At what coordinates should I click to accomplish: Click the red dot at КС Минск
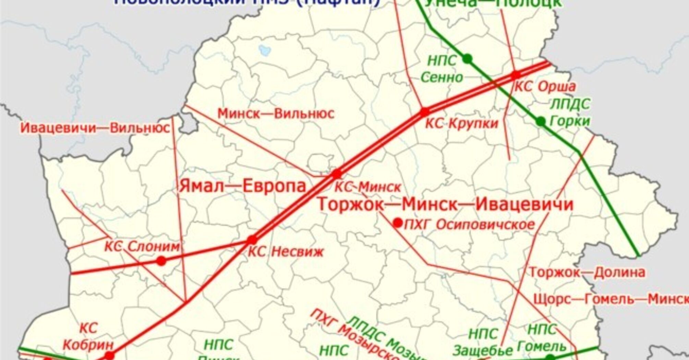pyautogui.click(x=337, y=174)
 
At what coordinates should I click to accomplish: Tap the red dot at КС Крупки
pyautogui.click(x=425, y=112)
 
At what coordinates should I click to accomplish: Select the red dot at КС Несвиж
pyautogui.click(x=252, y=240)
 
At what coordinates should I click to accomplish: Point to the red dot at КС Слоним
pyautogui.click(x=161, y=261)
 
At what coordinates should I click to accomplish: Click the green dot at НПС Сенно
pyautogui.click(x=467, y=59)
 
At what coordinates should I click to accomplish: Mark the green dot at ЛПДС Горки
pyautogui.click(x=541, y=121)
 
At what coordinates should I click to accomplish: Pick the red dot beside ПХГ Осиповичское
pyautogui.click(x=398, y=223)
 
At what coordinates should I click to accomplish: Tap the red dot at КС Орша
pyautogui.click(x=516, y=75)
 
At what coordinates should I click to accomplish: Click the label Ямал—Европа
pyautogui.click(x=242, y=186)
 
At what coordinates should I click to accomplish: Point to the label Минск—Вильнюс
pyautogui.click(x=276, y=113)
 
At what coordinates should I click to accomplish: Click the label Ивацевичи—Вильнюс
pyautogui.click(x=95, y=128)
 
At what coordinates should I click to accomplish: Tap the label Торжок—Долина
pyautogui.click(x=587, y=273)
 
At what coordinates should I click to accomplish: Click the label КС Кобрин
pyautogui.click(x=88, y=337)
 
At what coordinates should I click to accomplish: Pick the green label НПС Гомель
pyautogui.click(x=542, y=338)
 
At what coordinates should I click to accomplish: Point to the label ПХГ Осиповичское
pyautogui.click(x=469, y=225)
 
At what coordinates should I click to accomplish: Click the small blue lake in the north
pyautogui.click(x=265, y=51)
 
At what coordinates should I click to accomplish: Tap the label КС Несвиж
pyautogui.click(x=286, y=252)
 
